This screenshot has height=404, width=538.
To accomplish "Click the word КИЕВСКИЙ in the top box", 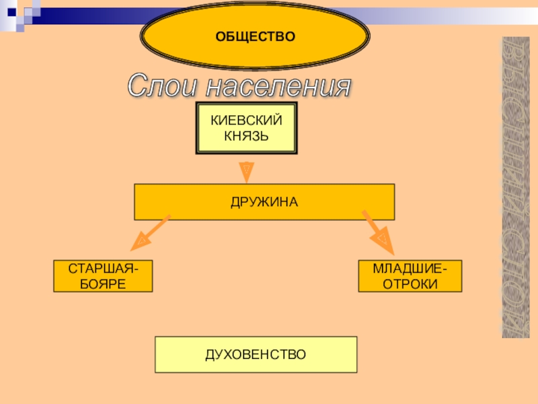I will point(246,121).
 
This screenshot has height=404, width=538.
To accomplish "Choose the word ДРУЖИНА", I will point(264,202).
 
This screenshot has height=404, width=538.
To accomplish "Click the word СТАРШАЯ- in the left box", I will point(103,269).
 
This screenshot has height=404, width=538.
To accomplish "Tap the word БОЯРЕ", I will point(103,283).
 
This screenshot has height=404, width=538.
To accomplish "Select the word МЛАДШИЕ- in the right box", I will point(410,269).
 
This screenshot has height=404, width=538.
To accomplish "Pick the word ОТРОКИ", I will point(410,283).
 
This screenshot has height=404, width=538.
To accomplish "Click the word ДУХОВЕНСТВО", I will point(256,354).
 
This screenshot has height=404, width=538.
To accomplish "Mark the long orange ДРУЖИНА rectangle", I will point(175,202).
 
